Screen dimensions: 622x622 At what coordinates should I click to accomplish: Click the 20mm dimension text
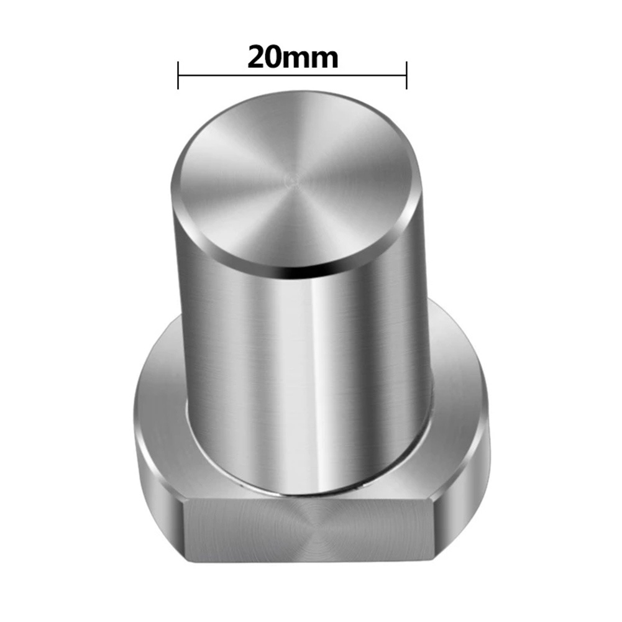pos(293,58)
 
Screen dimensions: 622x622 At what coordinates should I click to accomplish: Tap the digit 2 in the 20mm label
pos(256,58)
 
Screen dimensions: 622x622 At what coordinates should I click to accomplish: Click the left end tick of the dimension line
pos(178,75)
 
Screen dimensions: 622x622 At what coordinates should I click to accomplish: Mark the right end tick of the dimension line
pos(406,75)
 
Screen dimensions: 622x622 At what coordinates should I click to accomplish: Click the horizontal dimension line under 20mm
pos(292,75)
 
